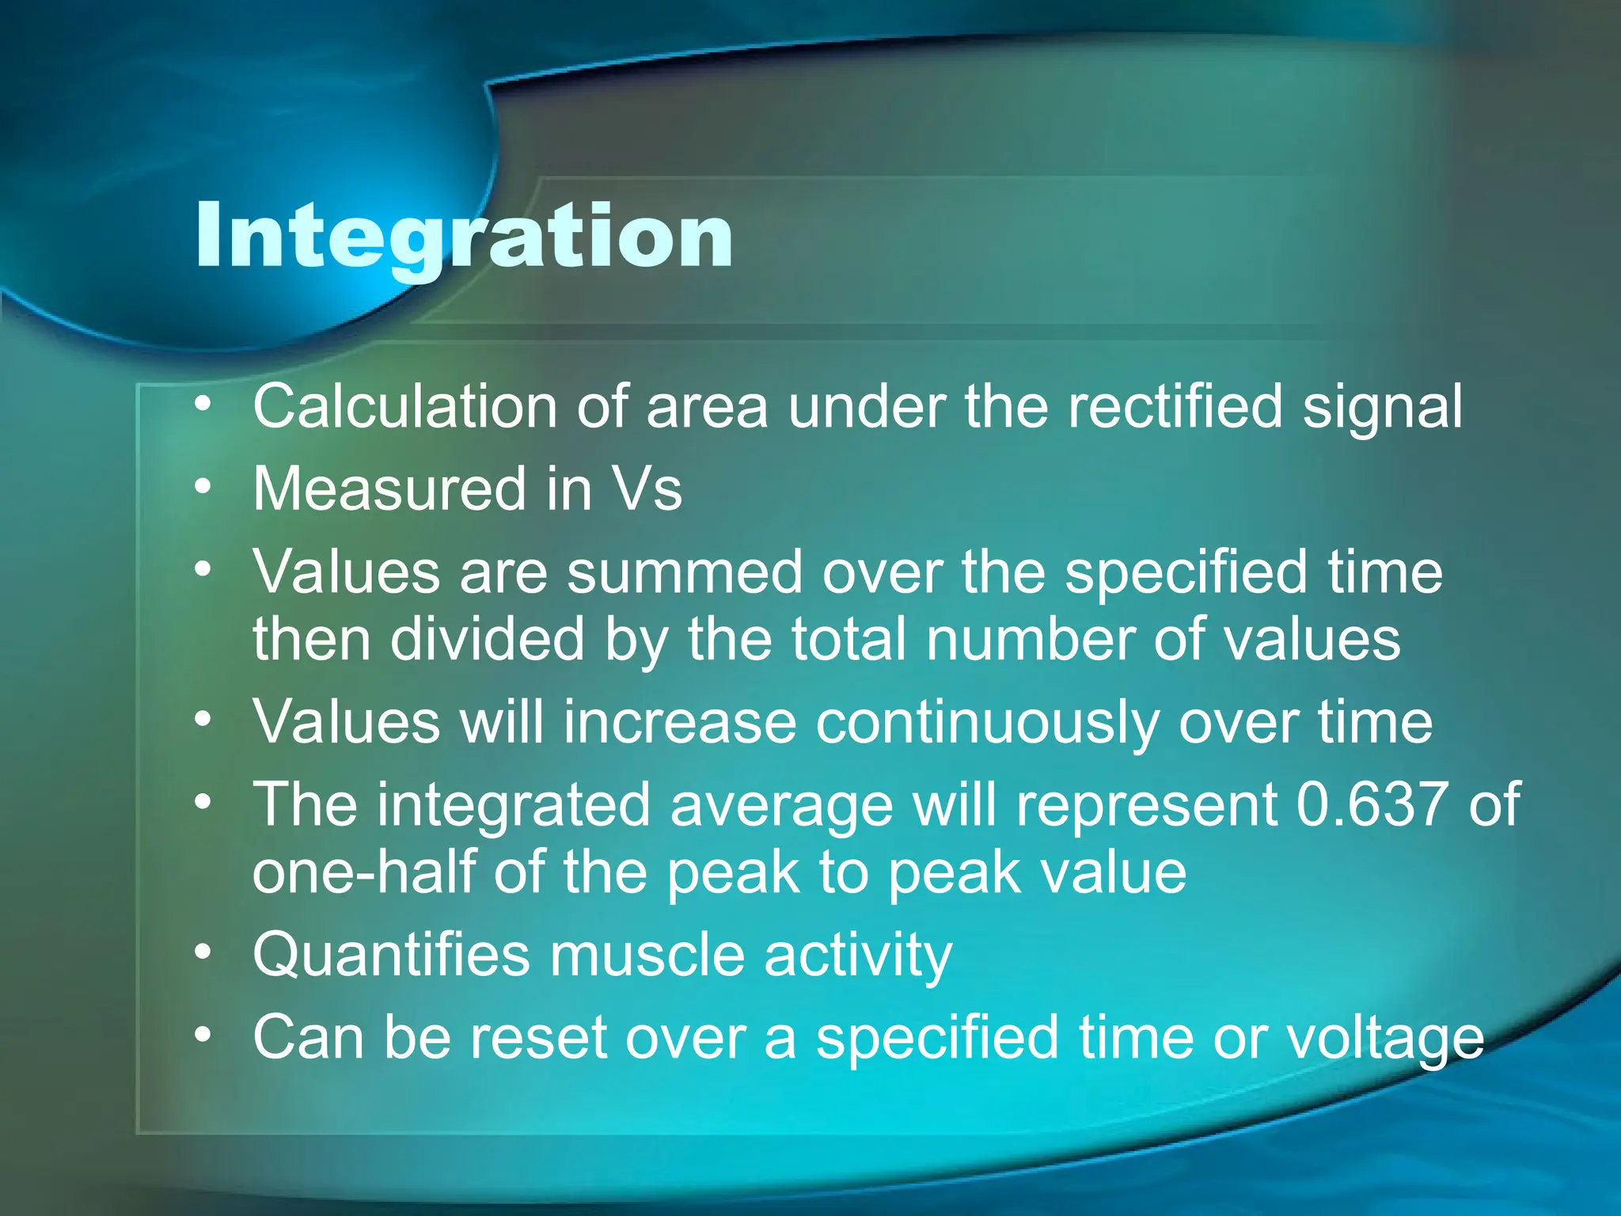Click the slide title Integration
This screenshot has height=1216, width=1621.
tap(464, 236)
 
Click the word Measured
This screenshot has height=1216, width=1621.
tap(389, 489)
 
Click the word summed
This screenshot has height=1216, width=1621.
tap(685, 572)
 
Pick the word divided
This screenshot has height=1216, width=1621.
tap(487, 639)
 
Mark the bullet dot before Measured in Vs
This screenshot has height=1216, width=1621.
tap(203, 486)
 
